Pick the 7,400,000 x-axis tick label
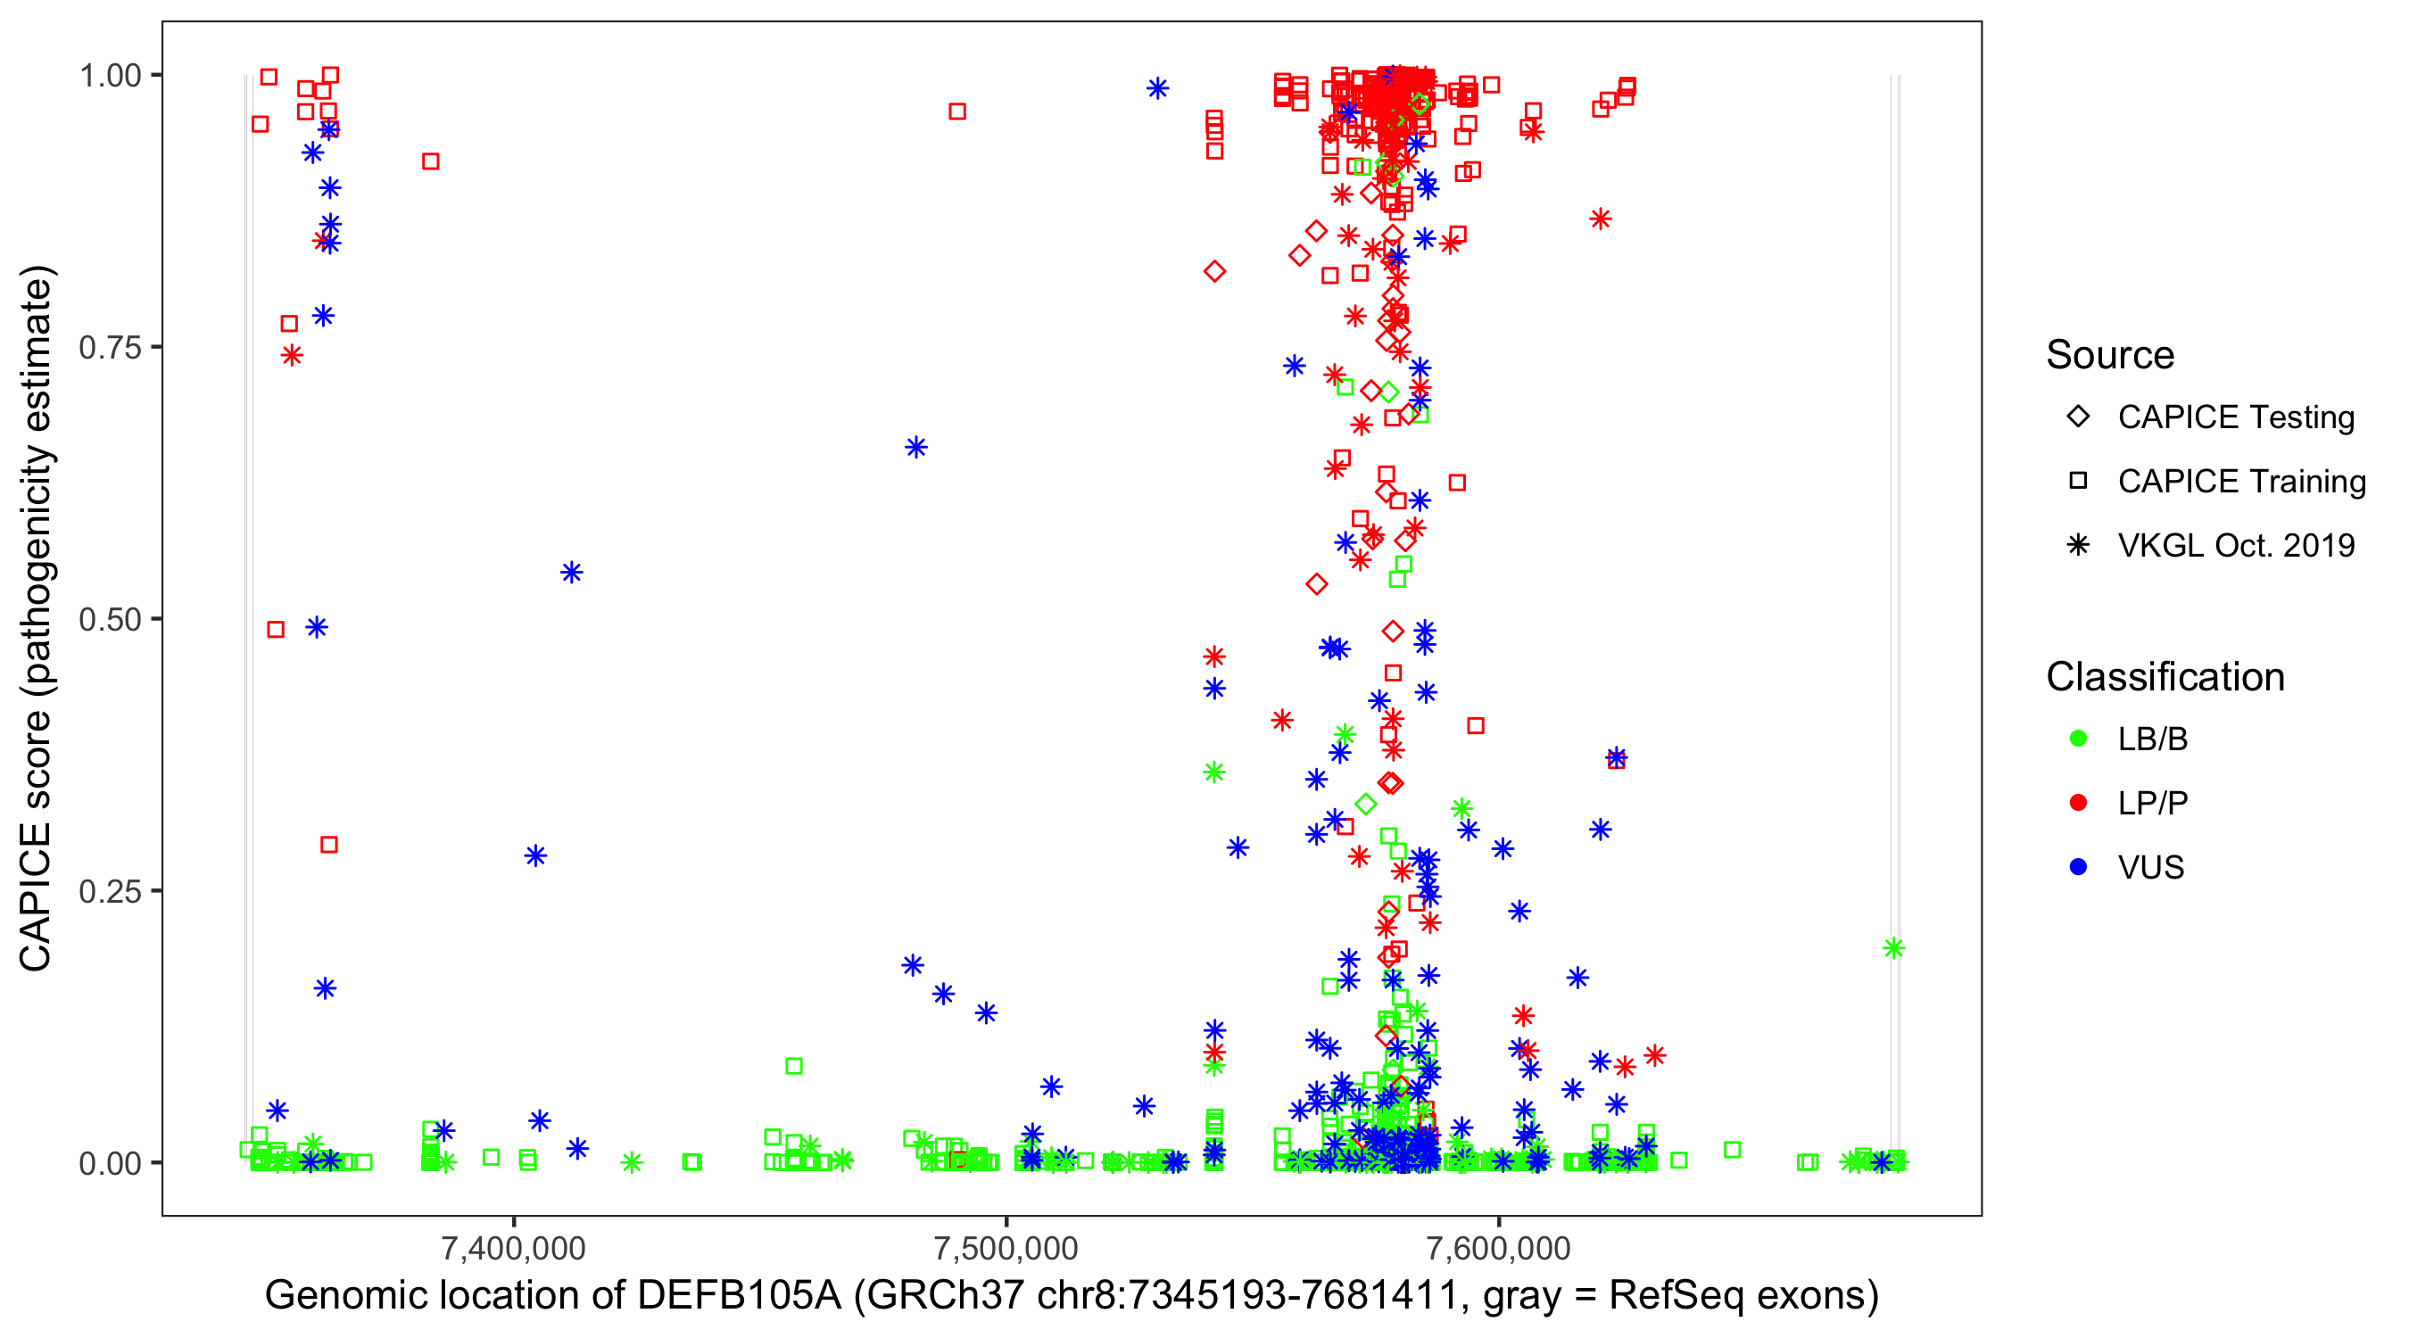tap(513, 1248)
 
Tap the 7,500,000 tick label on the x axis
tap(1006, 1248)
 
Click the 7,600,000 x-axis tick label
tap(1499, 1248)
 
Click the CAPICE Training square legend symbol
tap(2078, 482)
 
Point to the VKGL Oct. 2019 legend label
tap(2236, 546)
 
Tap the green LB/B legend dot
tap(2078, 739)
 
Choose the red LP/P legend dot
tap(2078, 803)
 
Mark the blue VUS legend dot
tap(2078, 868)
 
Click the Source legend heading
tap(2110, 355)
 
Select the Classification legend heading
tap(2165, 677)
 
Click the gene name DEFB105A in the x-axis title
tap(739, 1296)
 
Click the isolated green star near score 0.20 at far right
tap(1893, 948)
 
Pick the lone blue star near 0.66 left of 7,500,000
tap(916, 447)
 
